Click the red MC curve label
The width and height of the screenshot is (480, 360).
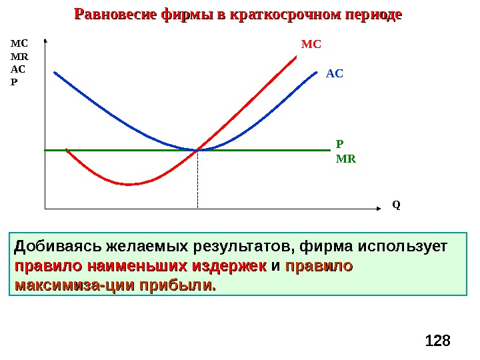[311, 45]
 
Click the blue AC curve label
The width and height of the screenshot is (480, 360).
[335, 73]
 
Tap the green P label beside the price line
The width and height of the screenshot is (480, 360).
[339, 144]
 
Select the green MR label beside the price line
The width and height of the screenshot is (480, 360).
[346, 159]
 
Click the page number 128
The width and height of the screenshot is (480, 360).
[437, 341]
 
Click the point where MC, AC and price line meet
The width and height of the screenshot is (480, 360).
[198, 150]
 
